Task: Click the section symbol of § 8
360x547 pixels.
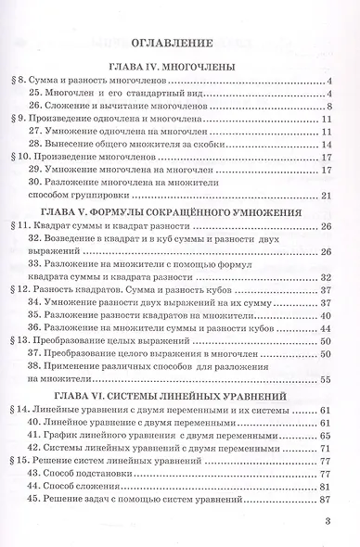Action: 19,82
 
